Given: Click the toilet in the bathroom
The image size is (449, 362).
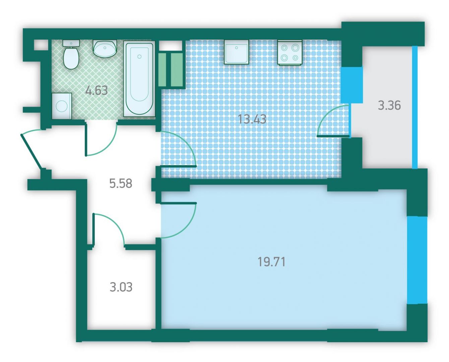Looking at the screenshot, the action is coord(71,55).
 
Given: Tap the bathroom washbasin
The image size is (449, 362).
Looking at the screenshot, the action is coord(105,48).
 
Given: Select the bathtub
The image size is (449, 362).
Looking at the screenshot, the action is coord(139,79).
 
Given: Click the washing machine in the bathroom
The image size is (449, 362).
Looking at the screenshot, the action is coord(62,106).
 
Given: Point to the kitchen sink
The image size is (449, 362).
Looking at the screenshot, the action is coord(236,52).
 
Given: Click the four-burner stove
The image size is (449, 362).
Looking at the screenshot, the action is coord(290,52).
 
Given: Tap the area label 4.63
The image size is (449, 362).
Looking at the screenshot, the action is coord(97,90).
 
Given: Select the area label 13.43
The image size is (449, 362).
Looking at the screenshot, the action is coord(252,119).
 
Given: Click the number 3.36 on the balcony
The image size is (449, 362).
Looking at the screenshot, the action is coord(389,105).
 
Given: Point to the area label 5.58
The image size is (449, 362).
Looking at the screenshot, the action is coord(121,183).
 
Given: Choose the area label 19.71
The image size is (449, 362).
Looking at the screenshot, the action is coord(271,262).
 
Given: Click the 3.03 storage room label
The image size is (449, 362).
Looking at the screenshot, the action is coord(121,287).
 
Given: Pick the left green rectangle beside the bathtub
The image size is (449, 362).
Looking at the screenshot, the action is coord(162,69).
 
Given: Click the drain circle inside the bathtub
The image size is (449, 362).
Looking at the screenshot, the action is coord(139,57).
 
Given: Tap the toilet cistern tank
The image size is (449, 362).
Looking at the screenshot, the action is coord(71,44).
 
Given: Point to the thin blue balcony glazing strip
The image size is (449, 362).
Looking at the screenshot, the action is coord(415,107).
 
